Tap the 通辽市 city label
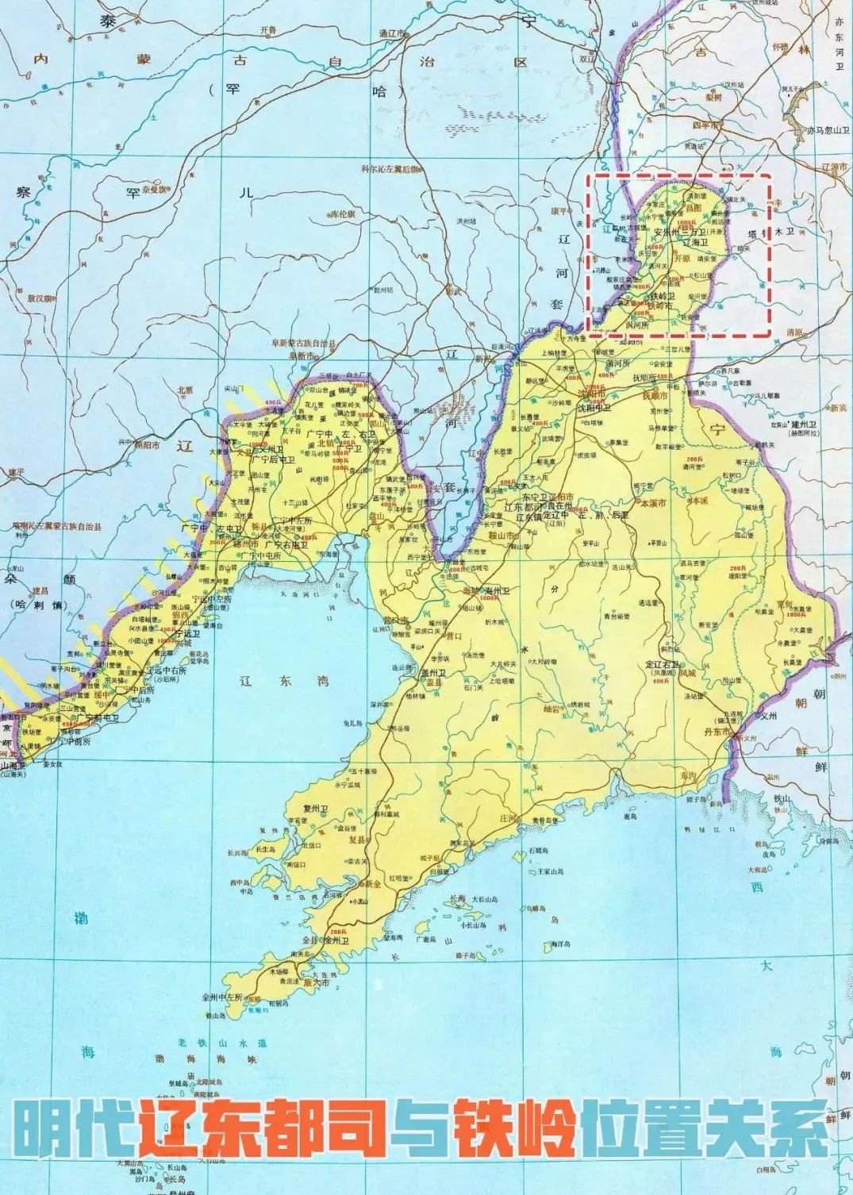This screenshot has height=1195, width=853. pos(392,34)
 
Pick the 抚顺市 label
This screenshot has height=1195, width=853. pos(655,394)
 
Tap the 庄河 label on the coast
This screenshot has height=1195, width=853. pos(508,818)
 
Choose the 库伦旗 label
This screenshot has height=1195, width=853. pos(342,214)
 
